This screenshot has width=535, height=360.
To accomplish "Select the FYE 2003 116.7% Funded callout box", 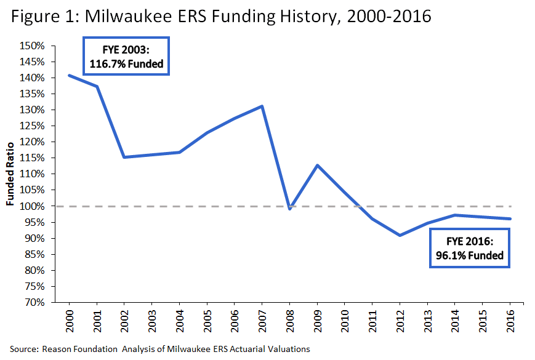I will (126, 57).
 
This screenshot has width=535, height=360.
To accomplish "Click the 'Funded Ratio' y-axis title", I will (11, 175).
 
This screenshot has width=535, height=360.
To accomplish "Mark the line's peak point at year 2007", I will (262, 106).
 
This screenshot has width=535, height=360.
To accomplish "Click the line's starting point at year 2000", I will (69, 75).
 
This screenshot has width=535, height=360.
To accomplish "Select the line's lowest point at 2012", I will (400, 235).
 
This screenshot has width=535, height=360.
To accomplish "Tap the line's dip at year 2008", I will (289, 209).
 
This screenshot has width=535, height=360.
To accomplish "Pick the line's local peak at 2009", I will (317, 165).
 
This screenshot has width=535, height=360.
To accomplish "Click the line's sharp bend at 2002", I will (124, 157).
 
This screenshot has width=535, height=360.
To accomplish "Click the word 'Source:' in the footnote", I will (24, 349).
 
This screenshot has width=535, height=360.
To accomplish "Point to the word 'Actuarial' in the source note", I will (254, 349).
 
